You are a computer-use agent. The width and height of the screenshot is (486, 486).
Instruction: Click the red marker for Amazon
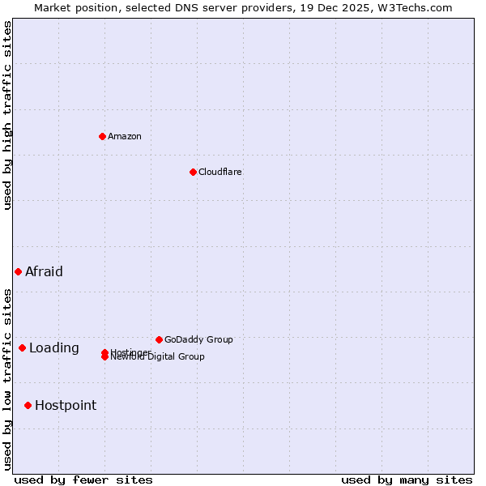[102, 136]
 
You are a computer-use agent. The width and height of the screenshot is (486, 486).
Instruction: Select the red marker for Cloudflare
[193, 172]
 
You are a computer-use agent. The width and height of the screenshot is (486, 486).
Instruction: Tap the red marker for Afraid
[18, 271]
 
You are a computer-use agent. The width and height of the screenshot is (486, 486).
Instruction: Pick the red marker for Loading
[22, 347]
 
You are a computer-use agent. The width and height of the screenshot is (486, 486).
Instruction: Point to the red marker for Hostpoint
[28, 405]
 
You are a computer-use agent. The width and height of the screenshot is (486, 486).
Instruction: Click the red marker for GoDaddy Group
[159, 339]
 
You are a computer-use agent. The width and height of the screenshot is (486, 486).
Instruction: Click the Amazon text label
[124, 136]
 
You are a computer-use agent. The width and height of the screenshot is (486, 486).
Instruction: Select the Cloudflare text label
[220, 172]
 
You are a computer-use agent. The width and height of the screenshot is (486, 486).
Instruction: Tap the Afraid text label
[44, 271]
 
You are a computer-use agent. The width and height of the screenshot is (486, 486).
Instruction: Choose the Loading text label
[54, 348]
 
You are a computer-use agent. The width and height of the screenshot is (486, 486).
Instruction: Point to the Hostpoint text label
[66, 406]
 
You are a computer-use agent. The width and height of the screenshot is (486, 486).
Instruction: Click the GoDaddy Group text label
[198, 339]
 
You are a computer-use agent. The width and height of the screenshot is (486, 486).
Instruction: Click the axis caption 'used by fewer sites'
[83, 480]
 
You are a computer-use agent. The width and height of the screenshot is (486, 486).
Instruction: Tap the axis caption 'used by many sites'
[407, 480]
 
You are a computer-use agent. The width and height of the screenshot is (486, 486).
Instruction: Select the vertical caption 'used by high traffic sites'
[8, 115]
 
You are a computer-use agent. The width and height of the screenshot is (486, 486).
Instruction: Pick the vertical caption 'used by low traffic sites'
[8, 378]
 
